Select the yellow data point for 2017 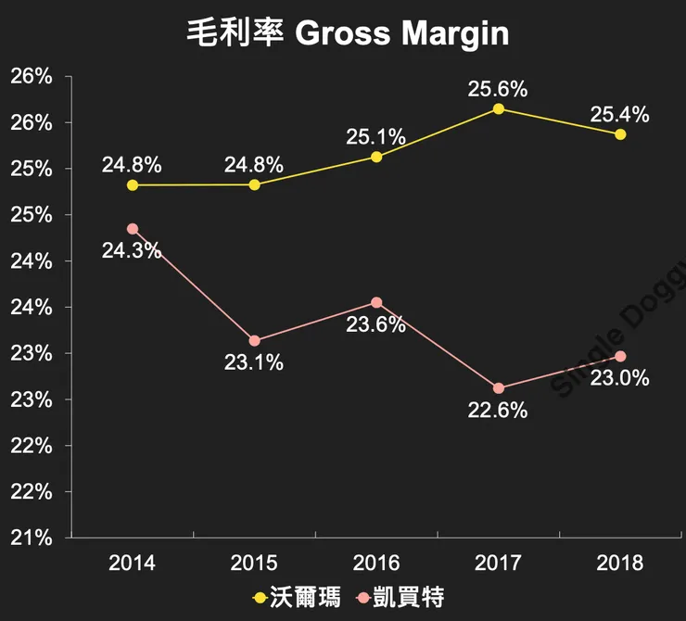click(x=499, y=109)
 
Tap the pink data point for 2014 click(x=133, y=229)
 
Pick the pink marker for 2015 click(x=255, y=341)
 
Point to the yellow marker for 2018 click(x=620, y=134)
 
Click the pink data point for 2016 click(x=376, y=302)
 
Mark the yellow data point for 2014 click(x=133, y=185)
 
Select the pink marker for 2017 click(x=499, y=388)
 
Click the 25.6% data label click(x=498, y=89)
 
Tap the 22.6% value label click(x=498, y=410)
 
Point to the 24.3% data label click(x=132, y=250)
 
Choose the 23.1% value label click(x=253, y=362)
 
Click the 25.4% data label click(x=619, y=115)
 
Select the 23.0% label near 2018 click(x=619, y=378)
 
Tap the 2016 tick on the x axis click(x=376, y=563)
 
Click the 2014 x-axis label click(x=132, y=563)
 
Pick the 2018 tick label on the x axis click(x=620, y=563)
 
